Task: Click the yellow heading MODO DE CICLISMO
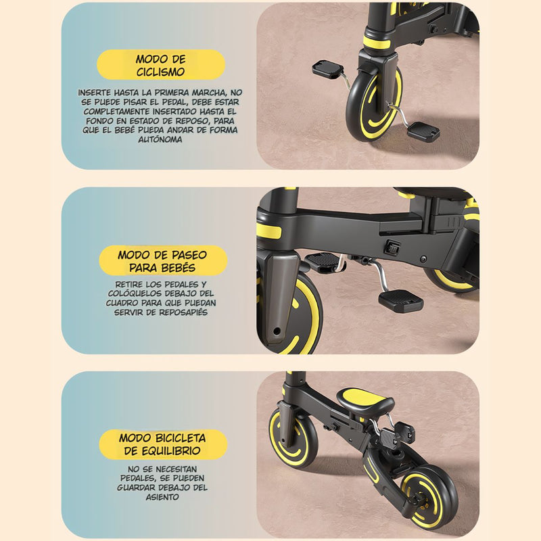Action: [160, 65]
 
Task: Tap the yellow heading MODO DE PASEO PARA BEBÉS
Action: [162, 261]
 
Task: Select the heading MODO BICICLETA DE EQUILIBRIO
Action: [163, 444]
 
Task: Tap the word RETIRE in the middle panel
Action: [130, 284]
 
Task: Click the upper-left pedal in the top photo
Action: [329, 68]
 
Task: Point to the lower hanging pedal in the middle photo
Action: [400, 299]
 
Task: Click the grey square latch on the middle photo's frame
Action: [392, 248]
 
